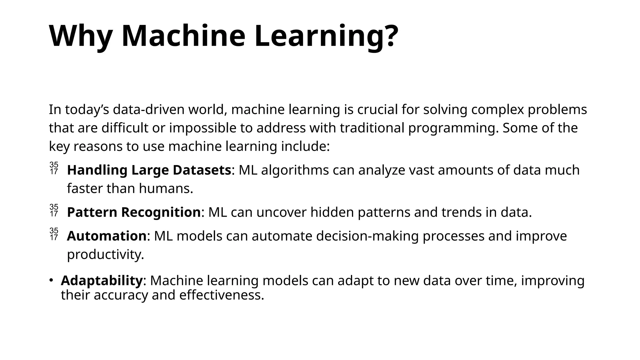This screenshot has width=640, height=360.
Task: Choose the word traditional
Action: click(372, 128)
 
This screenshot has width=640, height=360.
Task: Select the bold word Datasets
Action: click(202, 170)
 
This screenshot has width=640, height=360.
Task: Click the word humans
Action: click(166, 188)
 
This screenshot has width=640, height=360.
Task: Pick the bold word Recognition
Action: click(161, 212)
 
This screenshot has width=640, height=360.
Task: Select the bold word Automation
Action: click(107, 236)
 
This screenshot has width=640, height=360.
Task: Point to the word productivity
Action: click(105, 255)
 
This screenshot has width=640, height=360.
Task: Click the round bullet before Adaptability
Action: click(51, 280)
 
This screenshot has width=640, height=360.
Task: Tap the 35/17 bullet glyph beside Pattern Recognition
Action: click(54, 210)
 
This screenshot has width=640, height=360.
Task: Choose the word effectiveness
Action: click(222, 295)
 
